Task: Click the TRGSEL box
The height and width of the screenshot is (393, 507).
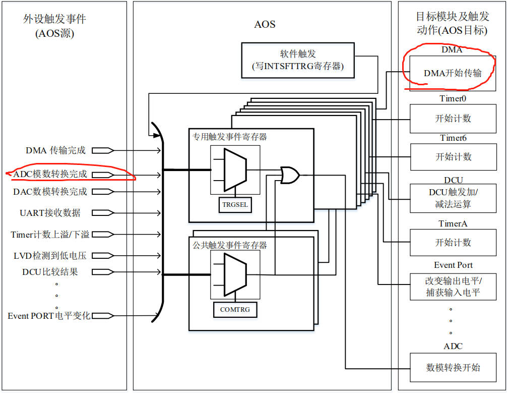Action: coord(236,205)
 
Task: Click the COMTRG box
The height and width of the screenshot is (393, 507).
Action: coord(235,310)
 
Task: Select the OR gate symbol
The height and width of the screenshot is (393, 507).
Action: coord(290,175)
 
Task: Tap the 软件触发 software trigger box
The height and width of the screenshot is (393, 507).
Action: coord(298,61)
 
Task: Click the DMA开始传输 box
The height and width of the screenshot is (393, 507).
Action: coord(452,73)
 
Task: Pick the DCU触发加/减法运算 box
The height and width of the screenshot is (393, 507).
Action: coord(453,198)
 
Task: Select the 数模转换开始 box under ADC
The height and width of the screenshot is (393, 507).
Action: coord(453,368)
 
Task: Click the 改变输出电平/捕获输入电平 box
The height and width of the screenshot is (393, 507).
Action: coord(453,287)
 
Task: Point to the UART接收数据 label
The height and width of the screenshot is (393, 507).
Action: coord(50,213)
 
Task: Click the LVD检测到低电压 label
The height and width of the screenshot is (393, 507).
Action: coord(50,256)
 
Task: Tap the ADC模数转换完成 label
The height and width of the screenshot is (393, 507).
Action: coord(50,175)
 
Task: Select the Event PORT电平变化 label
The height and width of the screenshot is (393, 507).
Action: coord(49,316)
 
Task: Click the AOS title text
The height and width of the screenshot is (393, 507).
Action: coord(265,24)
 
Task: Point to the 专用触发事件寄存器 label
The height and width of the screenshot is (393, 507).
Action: coord(229,137)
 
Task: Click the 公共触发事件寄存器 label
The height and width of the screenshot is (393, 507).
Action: coord(229,245)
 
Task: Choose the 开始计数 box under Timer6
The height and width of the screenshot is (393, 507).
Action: coord(453,157)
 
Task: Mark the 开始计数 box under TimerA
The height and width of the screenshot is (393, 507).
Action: coord(453,243)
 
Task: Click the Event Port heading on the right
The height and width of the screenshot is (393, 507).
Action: coord(453,265)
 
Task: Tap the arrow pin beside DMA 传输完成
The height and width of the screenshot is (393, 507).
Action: coord(103,150)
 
